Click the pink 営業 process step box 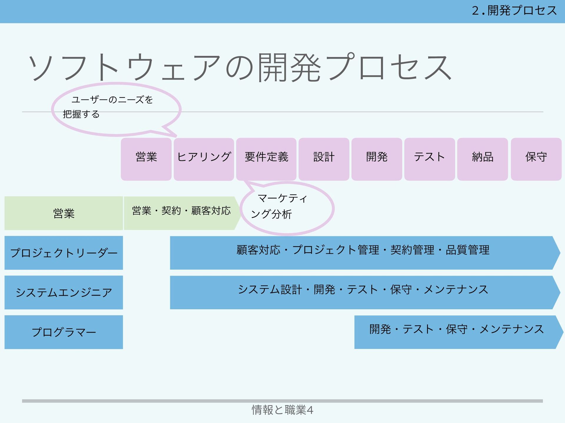(x=146, y=159)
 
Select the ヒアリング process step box (x=204, y=159)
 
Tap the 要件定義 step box (x=266, y=159)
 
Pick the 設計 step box (x=324, y=159)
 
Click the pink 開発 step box (x=377, y=159)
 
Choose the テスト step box (x=430, y=159)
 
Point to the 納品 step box (x=483, y=159)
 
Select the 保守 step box (x=536, y=159)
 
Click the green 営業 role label (x=64, y=213)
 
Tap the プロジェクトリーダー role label (x=64, y=253)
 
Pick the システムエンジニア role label (x=64, y=292)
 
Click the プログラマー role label (x=64, y=332)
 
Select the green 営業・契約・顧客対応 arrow (x=181, y=213)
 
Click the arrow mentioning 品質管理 (x=363, y=253)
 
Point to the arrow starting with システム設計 (x=363, y=292)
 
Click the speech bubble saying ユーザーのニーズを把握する (x=116, y=109)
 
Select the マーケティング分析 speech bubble (x=287, y=208)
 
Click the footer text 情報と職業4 (x=282, y=410)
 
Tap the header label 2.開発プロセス (x=514, y=11)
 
